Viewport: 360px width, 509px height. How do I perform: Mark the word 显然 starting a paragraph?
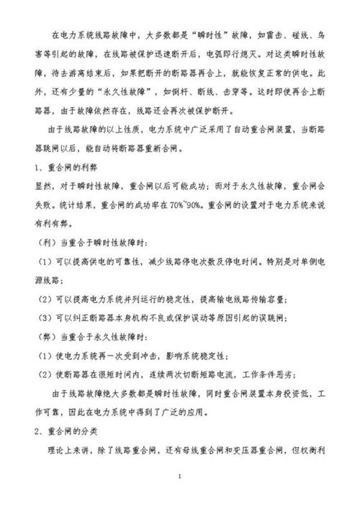pos(44,185)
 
